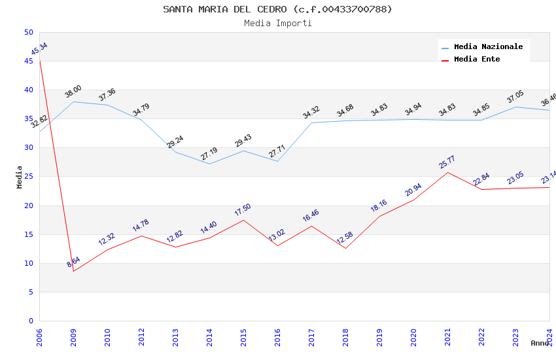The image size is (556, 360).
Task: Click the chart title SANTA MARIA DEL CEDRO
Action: pos(277,9)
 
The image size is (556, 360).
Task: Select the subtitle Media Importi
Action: pos(277,23)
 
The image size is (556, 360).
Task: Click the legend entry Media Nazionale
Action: pos(488,46)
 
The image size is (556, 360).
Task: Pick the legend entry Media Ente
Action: pos(477,59)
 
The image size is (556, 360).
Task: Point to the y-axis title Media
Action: pos(20,177)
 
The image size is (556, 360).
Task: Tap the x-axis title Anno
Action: pos(540,343)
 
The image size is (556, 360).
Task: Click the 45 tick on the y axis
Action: pos(28,62)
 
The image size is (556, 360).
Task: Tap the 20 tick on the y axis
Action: pos(28,206)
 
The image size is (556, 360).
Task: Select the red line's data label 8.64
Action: pos(73,262)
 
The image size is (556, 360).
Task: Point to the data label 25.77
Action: pos(447,162)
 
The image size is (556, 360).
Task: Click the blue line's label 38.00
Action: pos(73,92)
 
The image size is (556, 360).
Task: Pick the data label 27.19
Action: pos(209,154)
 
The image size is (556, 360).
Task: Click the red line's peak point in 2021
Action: pos(447,172)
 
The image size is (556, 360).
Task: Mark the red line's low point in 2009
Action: pos(73,271)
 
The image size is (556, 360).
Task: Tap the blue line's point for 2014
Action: pos(209,164)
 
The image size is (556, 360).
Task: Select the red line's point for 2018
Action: pos(345,248)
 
